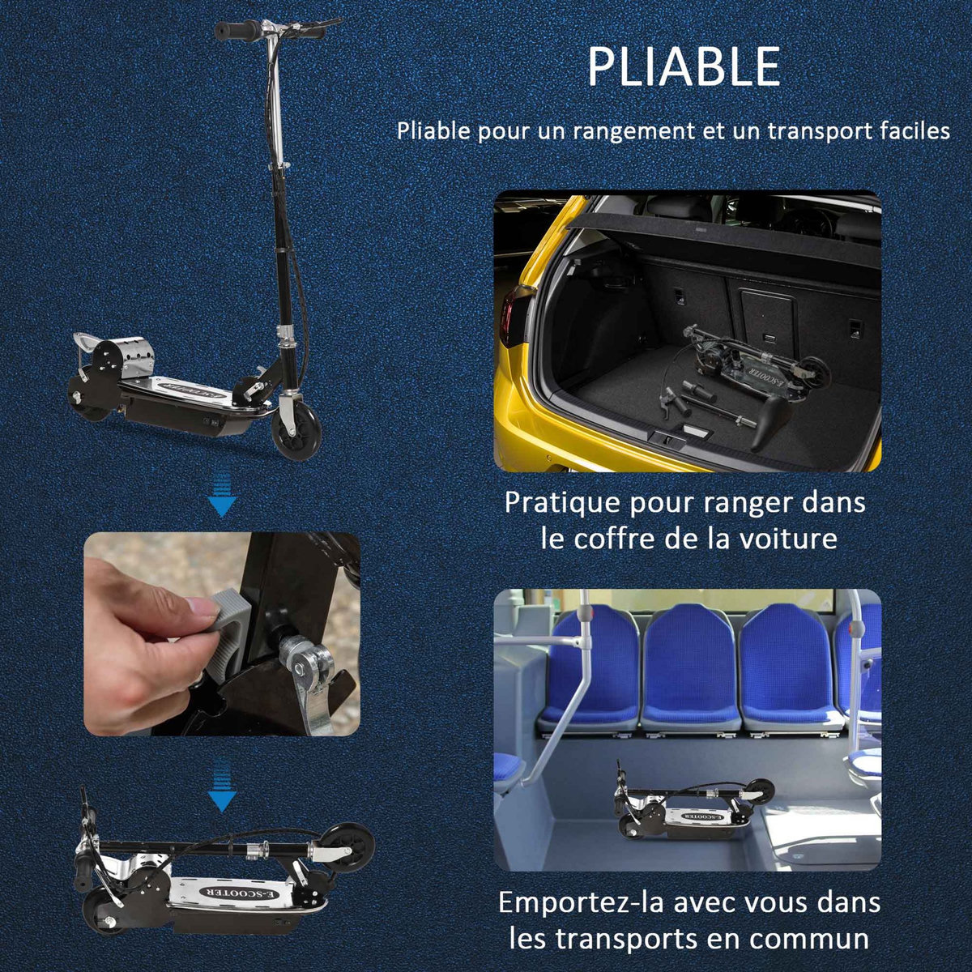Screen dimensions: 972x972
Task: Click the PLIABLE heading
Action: [684, 67]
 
